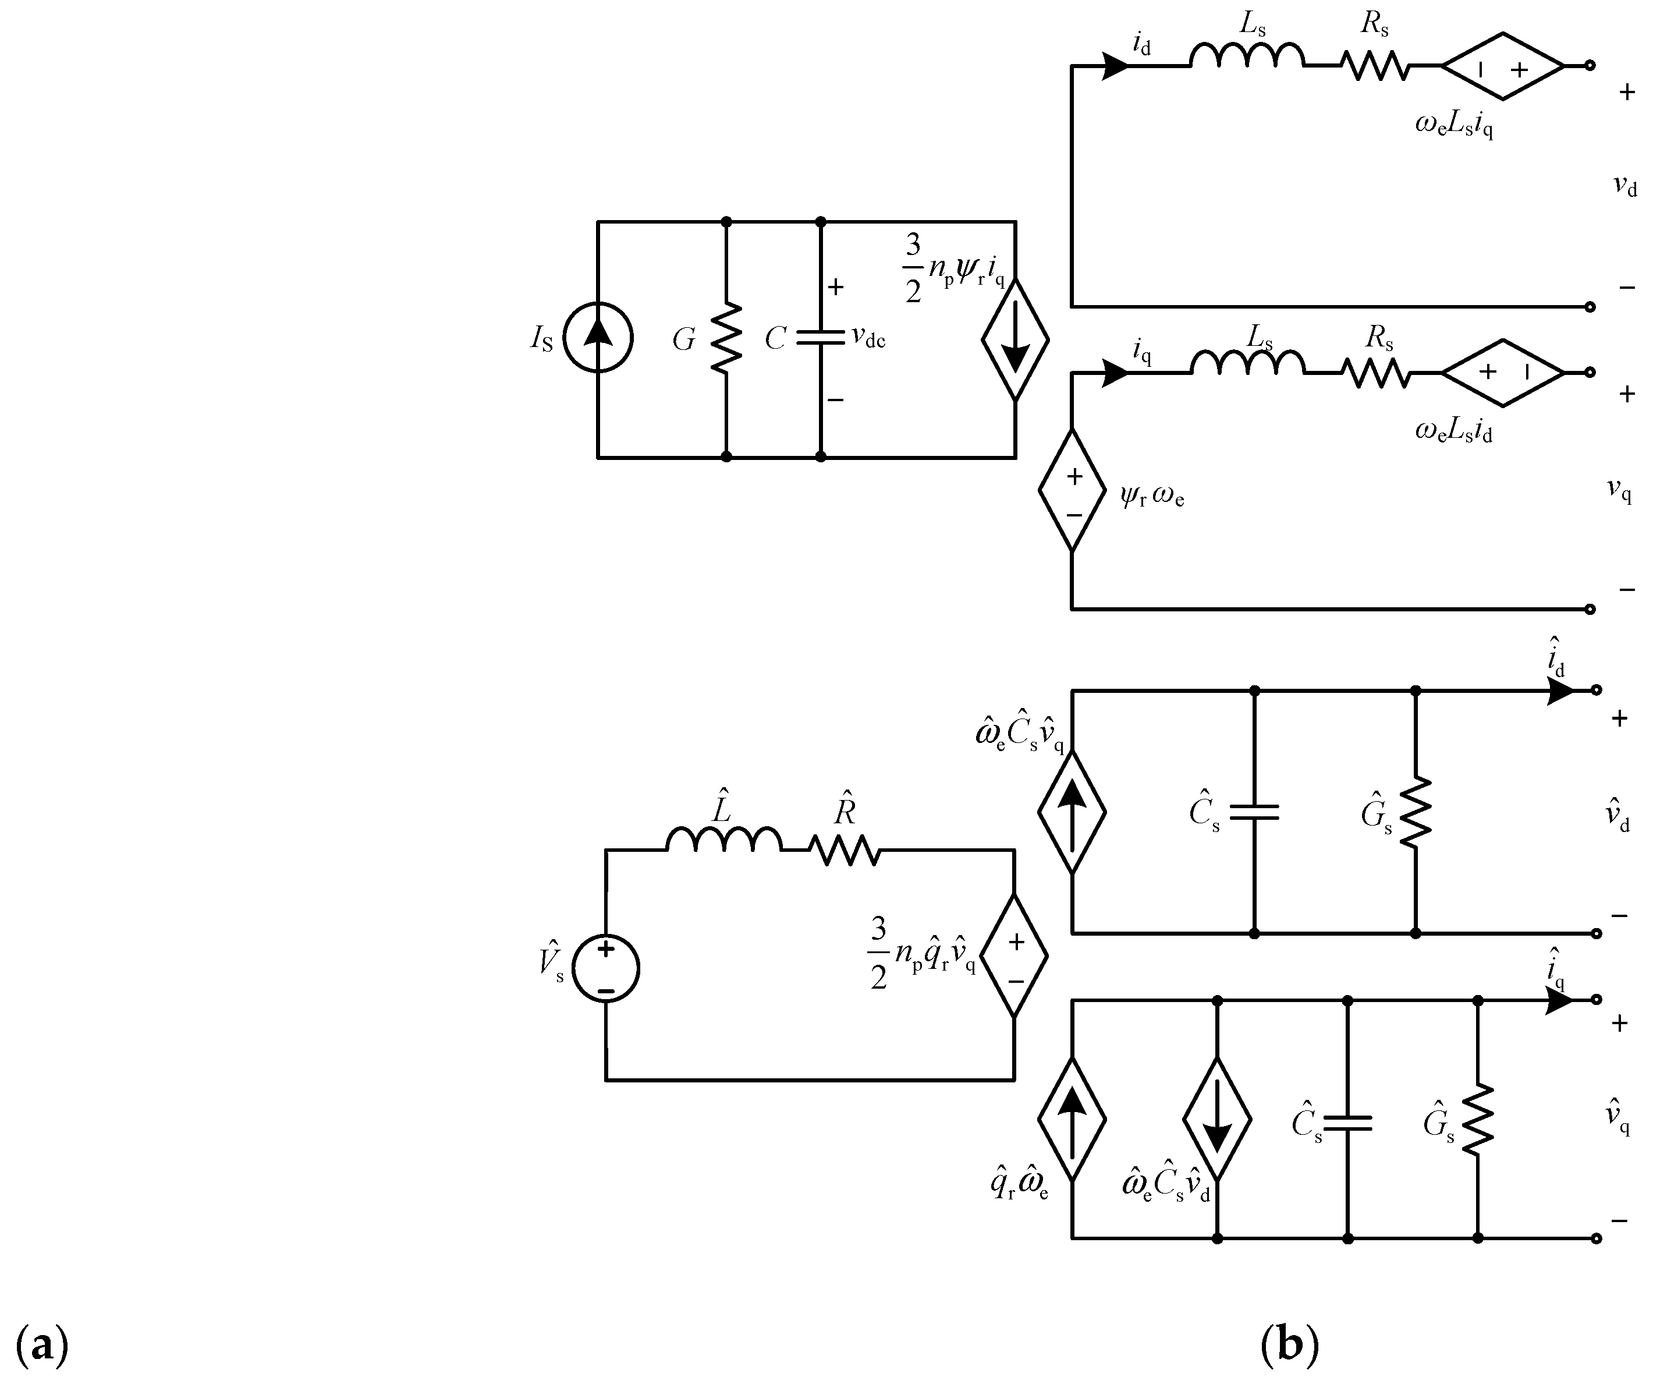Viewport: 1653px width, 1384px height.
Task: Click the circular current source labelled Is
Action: (x=598, y=337)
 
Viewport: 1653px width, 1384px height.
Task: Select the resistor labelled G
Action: (x=726, y=337)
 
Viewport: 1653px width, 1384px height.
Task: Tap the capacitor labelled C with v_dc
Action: (x=820, y=338)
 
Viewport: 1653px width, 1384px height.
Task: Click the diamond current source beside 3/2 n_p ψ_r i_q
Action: (x=1016, y=339)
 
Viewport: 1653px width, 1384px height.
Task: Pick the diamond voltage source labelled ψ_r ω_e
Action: (x=1072, y=490)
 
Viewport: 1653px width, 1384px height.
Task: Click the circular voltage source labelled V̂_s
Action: (x=605, y=968)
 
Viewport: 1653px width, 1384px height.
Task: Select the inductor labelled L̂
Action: (x=724, y=839)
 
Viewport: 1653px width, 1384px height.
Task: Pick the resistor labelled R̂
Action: (x=845, y=850)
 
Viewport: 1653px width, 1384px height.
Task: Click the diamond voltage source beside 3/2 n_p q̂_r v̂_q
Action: (x=1014, y=955)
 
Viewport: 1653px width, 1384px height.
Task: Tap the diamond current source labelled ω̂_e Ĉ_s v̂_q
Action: (x=1072, y=812)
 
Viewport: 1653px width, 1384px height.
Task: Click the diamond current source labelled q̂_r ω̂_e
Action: (x=1072, y=1118)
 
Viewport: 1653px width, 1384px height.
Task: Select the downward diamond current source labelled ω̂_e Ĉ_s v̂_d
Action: (x=1217, y=1118)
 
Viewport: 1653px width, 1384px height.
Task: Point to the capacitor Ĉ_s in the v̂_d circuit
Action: (x=1254, y=812)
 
